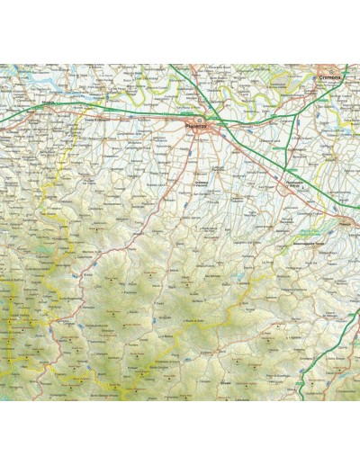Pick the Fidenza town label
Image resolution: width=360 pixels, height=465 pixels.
coord(345,218)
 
